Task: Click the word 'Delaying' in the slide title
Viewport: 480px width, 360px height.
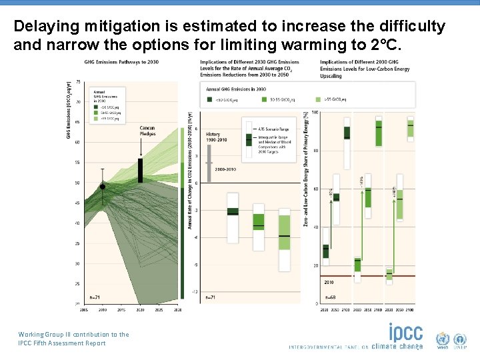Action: tap(43, 27)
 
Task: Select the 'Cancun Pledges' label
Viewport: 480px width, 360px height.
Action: tap(148, 131)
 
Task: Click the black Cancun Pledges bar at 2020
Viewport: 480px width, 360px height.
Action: tap(140, 170)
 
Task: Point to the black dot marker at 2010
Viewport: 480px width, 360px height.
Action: tap(103, 187)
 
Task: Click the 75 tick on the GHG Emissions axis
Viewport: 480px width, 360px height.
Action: tap(79, 82)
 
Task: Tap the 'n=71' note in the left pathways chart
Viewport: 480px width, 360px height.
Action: tap(95, 297)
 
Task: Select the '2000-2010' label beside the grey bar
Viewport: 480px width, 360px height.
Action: tap(225, 169)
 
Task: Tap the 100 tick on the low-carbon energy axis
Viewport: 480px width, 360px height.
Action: tap(315, 112)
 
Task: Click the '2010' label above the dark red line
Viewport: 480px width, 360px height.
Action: tap(329, 283)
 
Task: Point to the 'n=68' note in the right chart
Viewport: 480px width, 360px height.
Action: tap(330, 297)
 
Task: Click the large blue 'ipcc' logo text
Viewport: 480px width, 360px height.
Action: tap(406, 332)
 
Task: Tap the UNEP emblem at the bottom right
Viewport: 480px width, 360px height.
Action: tap(461, 339)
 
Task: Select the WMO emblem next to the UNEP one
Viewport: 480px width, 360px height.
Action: tap(443, 339)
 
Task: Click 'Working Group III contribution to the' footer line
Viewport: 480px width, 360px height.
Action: tap(73, 335)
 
